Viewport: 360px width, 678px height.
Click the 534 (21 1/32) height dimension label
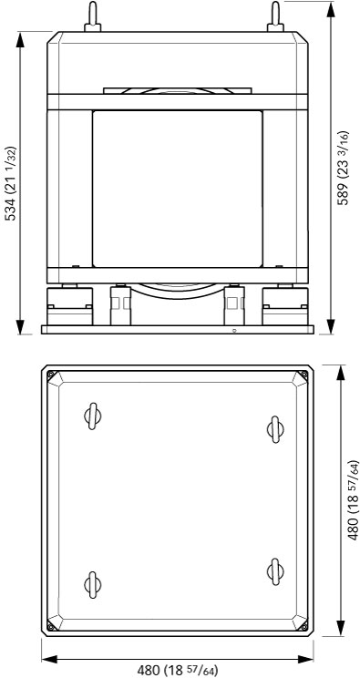pyautogui.click(x=10, y=183)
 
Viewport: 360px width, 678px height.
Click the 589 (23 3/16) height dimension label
pyautogui.click(x=343, y=168)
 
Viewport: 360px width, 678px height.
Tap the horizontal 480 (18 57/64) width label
pyautogui.click(x=178, y=671)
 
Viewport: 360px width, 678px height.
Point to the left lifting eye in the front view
pyautogui.click(x=93, y=17)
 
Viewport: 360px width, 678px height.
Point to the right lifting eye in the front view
pyautogui.click(x=275, y=17)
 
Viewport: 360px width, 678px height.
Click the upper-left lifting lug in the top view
pyautogui.click(x=93, y=416)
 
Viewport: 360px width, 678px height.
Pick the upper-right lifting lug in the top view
pyautogui.click(x=275, y=429)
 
